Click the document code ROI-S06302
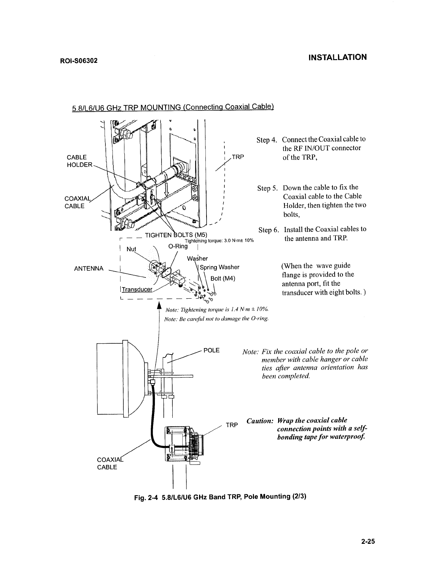point(78,60)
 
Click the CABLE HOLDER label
point(77,161)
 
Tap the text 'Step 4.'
point(267,140)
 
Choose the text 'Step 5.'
point(267,188)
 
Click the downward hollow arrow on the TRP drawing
point(167,189)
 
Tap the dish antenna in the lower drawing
point(123,378)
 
